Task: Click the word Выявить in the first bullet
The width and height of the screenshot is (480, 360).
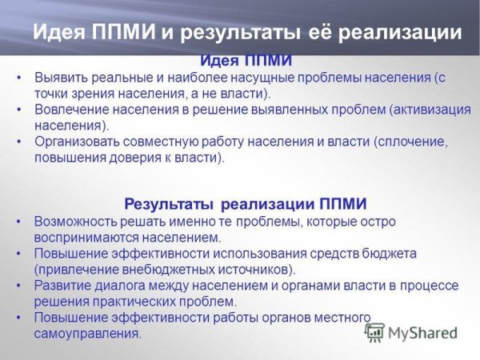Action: (58, 79)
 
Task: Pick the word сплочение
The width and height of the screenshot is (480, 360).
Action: (415, 142)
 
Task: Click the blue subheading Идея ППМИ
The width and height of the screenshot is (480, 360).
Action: (245, 61)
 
